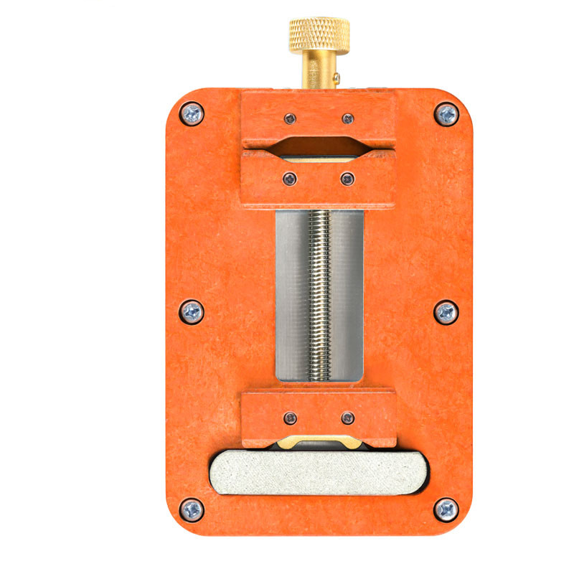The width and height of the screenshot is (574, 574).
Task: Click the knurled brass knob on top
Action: pos(319,35)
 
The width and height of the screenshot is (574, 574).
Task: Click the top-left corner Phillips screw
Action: pos(192,113)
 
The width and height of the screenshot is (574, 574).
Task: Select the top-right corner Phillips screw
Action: pos(446,113)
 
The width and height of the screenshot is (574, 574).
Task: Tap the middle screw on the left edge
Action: pos(192,311)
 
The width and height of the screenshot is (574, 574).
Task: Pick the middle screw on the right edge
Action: pos(446,312)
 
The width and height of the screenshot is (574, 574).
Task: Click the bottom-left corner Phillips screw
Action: pos(192,509)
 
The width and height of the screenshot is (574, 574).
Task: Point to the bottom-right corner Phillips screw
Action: pos(446,509)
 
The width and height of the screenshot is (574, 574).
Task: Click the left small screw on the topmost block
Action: pos(289,118)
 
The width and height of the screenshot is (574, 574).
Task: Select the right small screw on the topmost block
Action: pos(347,118)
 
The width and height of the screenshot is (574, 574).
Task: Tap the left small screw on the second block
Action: pos(289,179)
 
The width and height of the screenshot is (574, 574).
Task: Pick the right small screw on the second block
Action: pos(347,179)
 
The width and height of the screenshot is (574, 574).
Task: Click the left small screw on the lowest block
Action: pos(289,418)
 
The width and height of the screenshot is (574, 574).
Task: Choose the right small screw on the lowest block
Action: pos(347,418)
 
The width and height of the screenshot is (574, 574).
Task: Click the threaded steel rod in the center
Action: pos(319,294)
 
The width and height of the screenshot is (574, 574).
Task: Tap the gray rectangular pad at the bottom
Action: pos(316,473)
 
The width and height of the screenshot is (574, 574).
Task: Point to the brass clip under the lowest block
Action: pos(319,441)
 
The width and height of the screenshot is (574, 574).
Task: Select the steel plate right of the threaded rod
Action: pos(347,294)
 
